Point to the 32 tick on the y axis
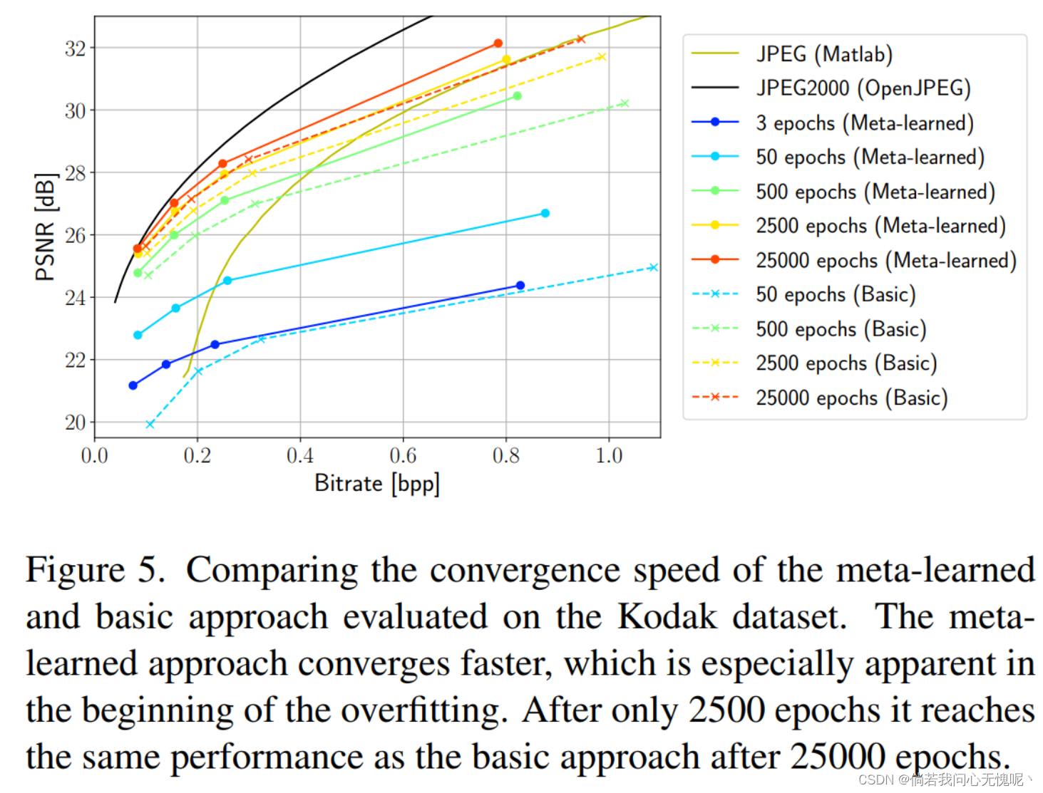click(x=75, y=48)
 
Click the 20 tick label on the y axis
click(x=75, y=423)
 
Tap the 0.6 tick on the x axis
click(x=403, y=456)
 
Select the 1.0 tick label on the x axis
click(x=609, y=456)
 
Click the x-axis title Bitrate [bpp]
click(x=376, y=484)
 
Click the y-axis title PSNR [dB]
click(x=45, y=227)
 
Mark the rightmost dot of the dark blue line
click(x=520, y=286)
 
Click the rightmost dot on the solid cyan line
click(x=545, y=213)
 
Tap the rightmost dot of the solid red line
click(x=498, y=43)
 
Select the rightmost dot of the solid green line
click(x=517, y=96)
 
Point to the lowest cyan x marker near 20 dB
click(x=150, y=424)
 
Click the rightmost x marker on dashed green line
click(x=625, y=104)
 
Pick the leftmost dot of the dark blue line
click(x=133, y=385)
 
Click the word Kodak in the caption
click(x=667, y=617)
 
